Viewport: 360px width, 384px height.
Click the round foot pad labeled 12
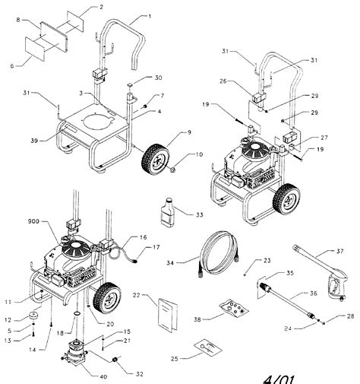click(x=35, y=316)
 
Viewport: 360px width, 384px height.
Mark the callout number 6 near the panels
click(x=12, y=67)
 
